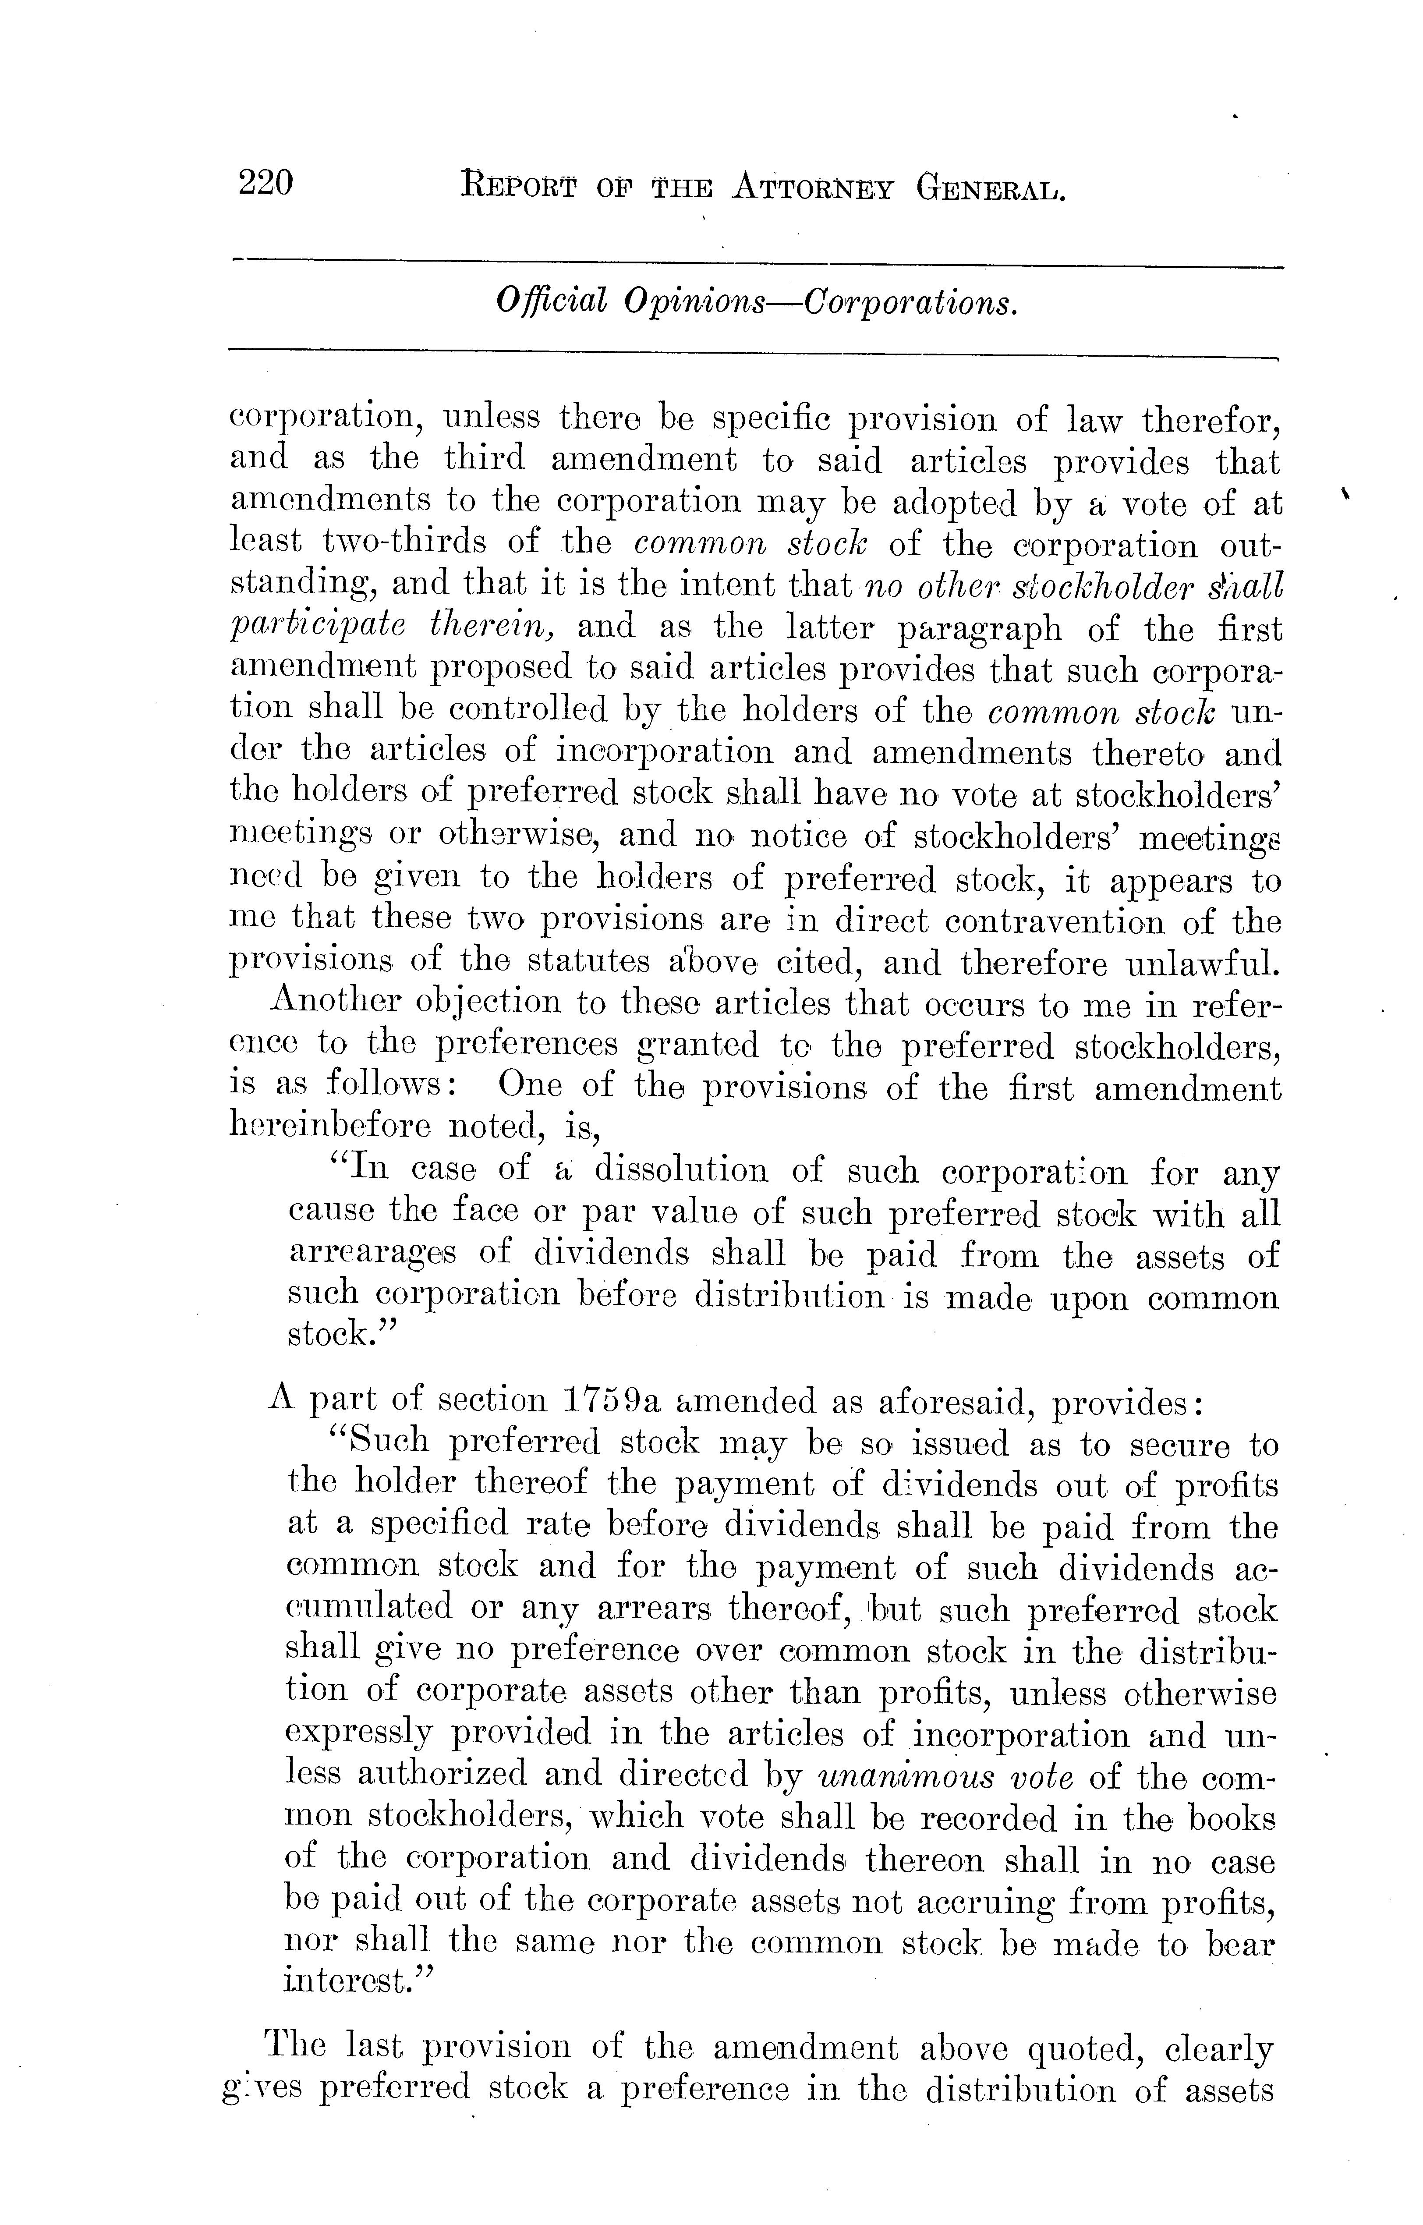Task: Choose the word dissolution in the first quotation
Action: click(x=681, y=1171)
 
